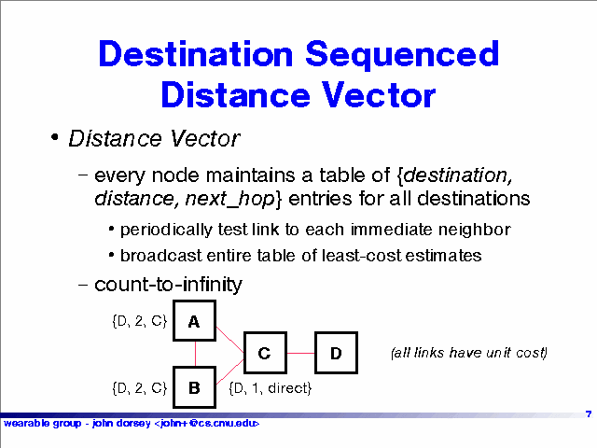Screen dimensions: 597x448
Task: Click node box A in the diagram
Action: point(194,321)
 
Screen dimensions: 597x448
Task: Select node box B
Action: point(194,387)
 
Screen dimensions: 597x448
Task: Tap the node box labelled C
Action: point(265,353)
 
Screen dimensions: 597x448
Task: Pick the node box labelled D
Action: point(336,353)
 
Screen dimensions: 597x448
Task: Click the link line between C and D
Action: point(300,353)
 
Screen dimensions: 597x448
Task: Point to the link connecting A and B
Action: point(195,354)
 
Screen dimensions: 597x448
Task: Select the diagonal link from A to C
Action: point(230,340)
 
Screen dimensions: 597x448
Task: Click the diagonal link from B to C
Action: point(230,371)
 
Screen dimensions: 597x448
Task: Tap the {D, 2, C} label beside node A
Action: point(140,321)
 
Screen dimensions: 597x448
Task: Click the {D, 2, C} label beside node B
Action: point(140,388)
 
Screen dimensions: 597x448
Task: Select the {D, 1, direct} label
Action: point(271,388)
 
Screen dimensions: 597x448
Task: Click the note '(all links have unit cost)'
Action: point(469,353)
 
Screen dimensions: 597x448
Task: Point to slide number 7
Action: point(589,413)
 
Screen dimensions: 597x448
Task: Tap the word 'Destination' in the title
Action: point(196,54)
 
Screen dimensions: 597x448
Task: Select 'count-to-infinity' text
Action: point(168,285)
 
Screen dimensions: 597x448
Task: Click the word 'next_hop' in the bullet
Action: point(229,199)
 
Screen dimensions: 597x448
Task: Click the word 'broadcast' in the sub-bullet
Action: point(161,255)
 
